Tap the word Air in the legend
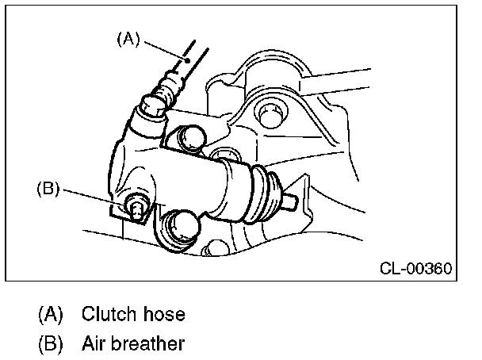point(94,344)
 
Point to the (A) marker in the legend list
point(51,314)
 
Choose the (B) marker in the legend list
point(51,344)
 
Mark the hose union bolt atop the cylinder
point(153,104)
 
